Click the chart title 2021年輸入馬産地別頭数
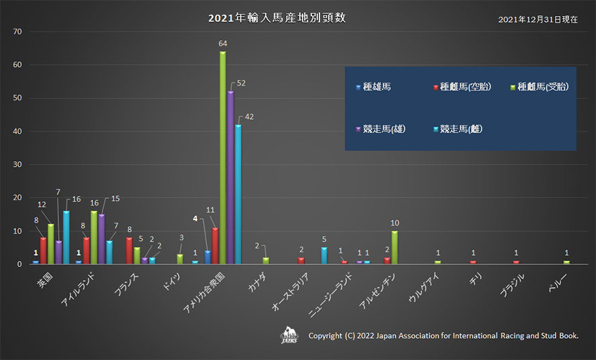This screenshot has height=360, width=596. [x=277, y=18]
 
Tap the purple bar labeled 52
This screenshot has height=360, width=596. [x=230, y=177]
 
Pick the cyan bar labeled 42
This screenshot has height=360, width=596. [x=238, y=194]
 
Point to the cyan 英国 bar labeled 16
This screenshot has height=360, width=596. [x=66, y=238]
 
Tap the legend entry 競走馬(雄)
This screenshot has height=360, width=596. [x=382, y=128]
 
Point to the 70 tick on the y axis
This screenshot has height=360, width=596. [x=17, y=31]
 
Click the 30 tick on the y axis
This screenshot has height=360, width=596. [x=17, y=165]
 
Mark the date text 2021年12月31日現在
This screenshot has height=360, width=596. [x=538, y=19]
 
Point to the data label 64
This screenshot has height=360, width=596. [x=222, y=43]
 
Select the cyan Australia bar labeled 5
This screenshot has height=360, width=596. [x=323, y=256]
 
